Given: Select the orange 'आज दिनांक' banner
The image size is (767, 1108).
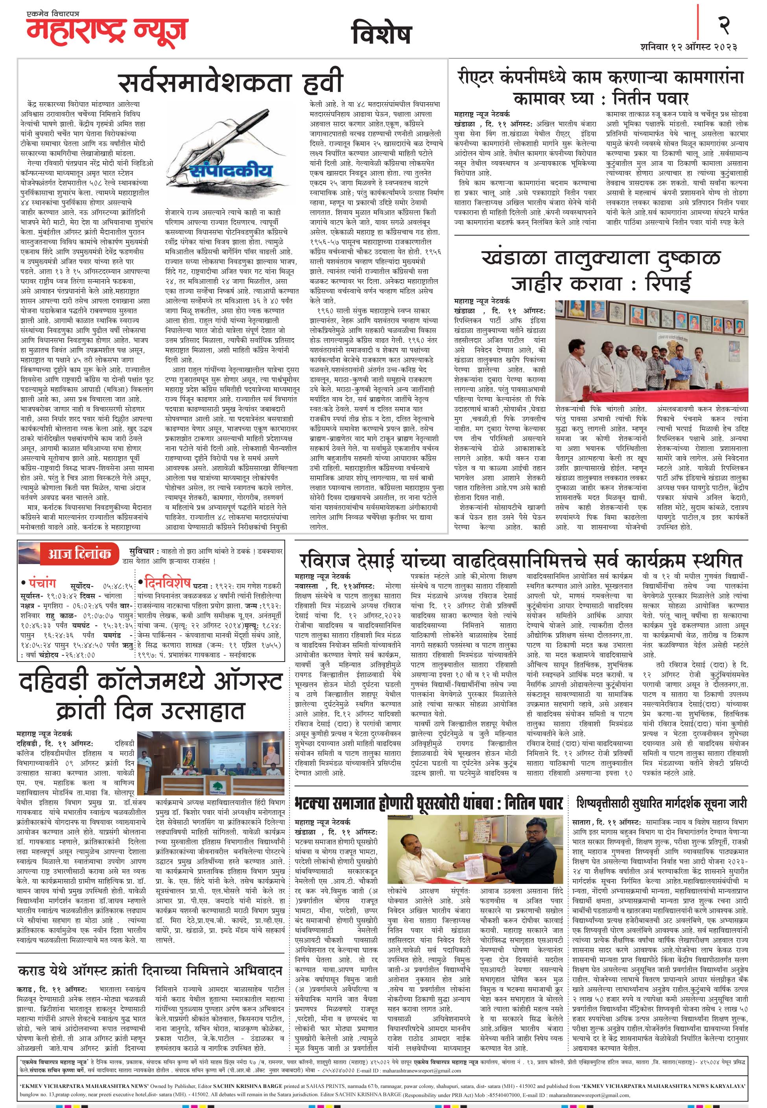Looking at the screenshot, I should pos(79,554).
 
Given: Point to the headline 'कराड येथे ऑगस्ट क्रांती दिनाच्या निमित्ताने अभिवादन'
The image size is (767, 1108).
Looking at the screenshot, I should pos(150,957).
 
